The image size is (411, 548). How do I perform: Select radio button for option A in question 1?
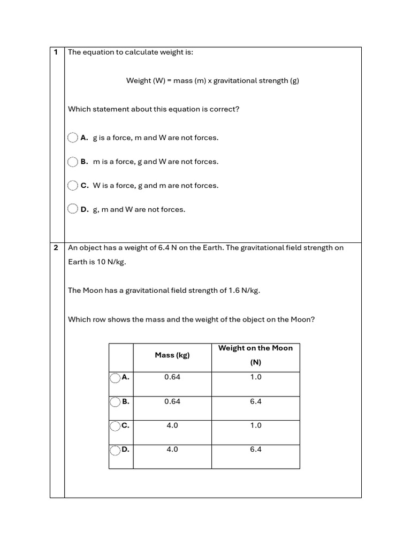tap(73, 138)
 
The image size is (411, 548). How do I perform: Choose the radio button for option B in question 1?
tap(73, 162)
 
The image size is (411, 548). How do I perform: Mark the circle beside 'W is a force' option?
tap(73, 186)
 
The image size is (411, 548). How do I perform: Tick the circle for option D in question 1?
tap(73, 209)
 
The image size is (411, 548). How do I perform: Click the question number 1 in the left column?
tap(56, 52)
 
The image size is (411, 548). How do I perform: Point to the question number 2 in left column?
tap(56, 248)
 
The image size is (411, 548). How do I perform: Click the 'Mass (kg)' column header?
tap(172, 355)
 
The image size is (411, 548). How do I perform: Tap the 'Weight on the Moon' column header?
tap(255, 348)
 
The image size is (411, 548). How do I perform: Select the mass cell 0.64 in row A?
tap(172, 377)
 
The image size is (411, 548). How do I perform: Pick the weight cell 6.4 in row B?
tap(255, 401)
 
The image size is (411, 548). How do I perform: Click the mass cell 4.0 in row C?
tap(172, 425)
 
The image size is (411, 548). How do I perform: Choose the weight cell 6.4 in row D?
tap(255, 450)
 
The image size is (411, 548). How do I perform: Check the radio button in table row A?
tap(115, 378)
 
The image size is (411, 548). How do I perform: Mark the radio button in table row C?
tap(115, 427)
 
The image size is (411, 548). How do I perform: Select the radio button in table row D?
tap(115, 451)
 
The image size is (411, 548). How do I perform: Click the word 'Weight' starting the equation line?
tap(139, 81)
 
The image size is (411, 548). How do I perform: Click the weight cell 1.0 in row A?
tap(255, 377)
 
